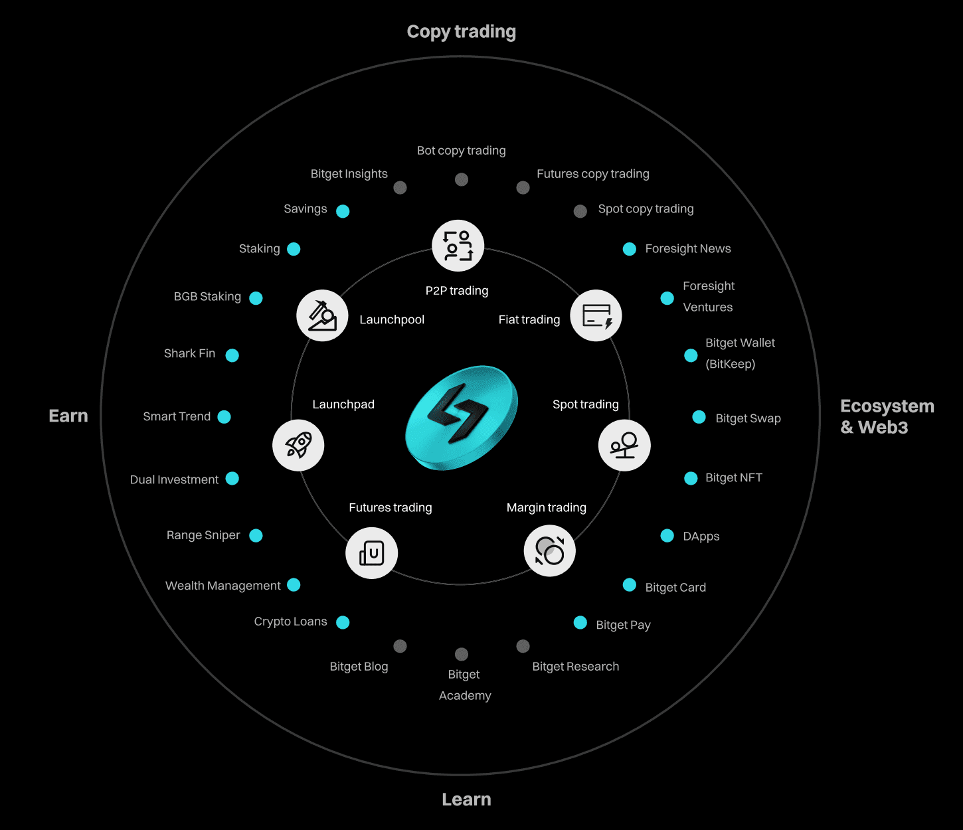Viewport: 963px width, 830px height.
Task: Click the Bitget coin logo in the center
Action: click(x=462, y=417)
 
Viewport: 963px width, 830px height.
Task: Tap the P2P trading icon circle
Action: click(x=458, y=246)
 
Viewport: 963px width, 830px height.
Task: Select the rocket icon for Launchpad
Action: click(x=298, y=445)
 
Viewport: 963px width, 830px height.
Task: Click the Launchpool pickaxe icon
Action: click(x=322, y=315)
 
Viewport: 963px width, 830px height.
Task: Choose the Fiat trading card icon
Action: click(x=596, y=315)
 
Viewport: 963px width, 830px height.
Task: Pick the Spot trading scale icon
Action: click(x=624, y=445)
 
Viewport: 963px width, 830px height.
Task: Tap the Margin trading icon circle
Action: click(x=549, y=550)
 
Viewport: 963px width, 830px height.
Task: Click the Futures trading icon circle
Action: click(x=371, y=552)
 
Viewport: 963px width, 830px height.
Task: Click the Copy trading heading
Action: click(x=461, y=32)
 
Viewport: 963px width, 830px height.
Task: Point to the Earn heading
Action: click(x=68, y=416)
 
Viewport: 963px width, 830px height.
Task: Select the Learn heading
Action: click(x=466, y=799)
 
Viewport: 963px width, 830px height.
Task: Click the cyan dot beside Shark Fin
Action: click(x=232, y=355)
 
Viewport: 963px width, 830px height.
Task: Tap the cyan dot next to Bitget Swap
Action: click(x=699, y=417)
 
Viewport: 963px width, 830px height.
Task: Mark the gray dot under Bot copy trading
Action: click(x=462, y=179)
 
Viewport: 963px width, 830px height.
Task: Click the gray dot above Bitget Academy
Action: click(x=462, y=654)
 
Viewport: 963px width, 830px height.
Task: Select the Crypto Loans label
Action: click(x=290, y=622)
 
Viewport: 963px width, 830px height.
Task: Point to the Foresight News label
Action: click(x=688, y=249)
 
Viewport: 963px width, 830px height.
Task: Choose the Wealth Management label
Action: click(x=222, y=586)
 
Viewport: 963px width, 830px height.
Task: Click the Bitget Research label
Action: click(x=575, y=667)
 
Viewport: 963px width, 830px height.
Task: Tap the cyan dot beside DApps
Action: click(x=667, y=536)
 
